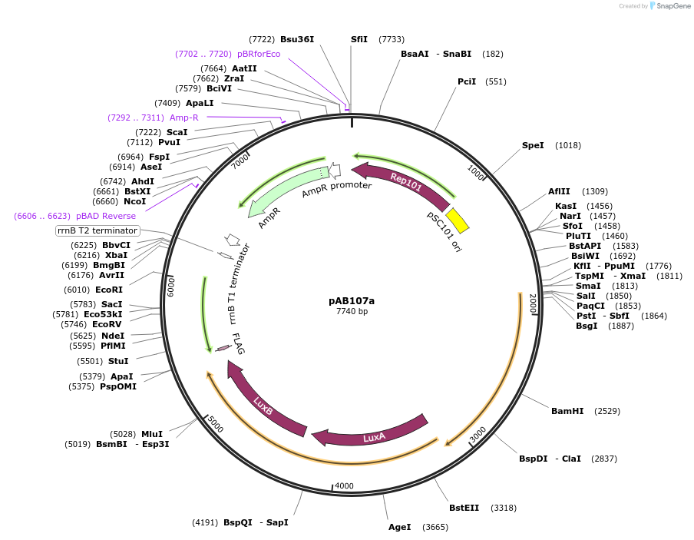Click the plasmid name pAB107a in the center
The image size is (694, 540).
pos(352,300)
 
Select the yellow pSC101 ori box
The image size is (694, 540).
pos(458,220)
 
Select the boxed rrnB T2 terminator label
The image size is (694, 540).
pos(97,230)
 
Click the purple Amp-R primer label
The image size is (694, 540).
pos(183,118)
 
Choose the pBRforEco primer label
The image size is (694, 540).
pos(259,54)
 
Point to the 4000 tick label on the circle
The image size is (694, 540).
pos(344,485)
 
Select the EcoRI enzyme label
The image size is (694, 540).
pos(108,290)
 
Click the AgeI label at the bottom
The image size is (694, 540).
pos(399,527)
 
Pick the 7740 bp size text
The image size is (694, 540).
pos(352,311)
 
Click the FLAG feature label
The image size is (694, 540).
pos(239,343)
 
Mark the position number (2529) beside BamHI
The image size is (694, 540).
pos(607,411)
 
